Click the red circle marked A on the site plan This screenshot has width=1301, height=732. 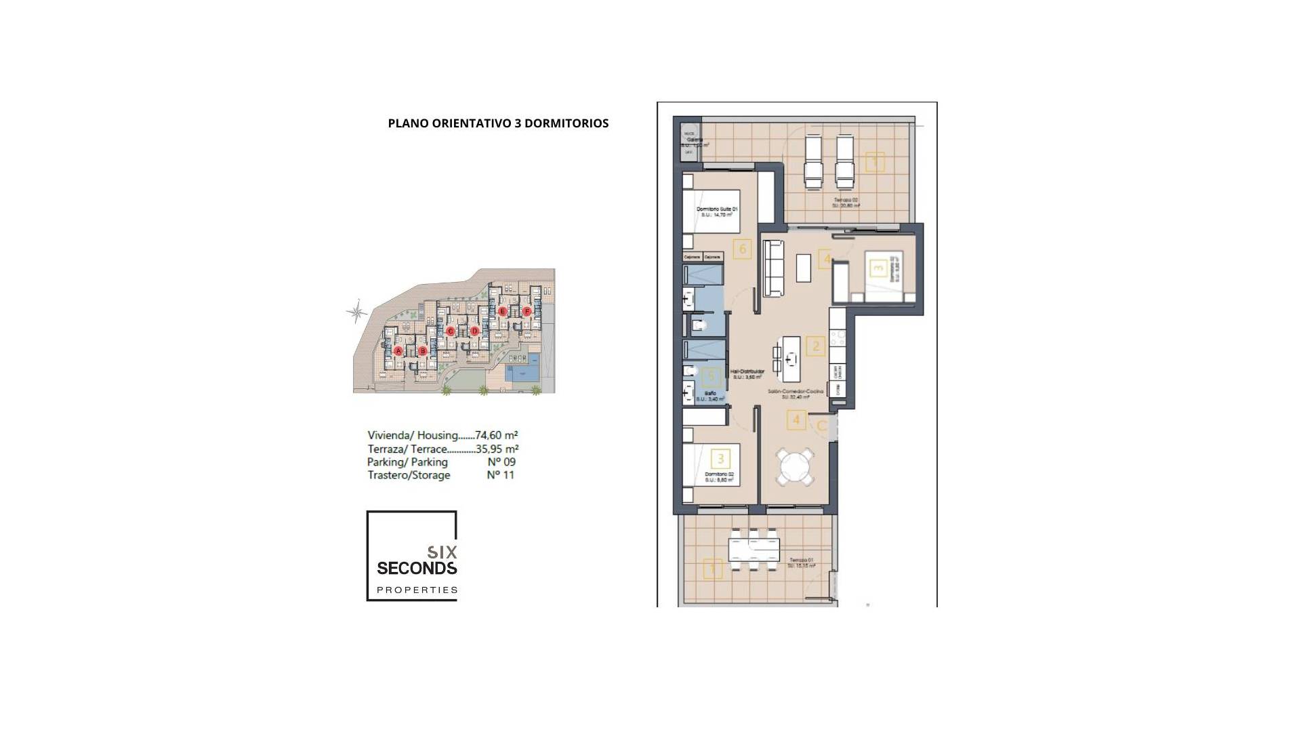[x=398, y=350]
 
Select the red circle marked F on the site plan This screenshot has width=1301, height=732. [x=527, y=312]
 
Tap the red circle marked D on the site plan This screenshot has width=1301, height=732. [x=474, y=331]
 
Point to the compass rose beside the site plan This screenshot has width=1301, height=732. [x=356, y=312]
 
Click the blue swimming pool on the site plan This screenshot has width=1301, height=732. [x=522, y=371]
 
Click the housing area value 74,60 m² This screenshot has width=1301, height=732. [x=497, y=435]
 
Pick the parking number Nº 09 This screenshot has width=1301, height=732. [x=501, y=462]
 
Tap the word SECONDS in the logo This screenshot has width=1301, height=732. [x=417, y=567]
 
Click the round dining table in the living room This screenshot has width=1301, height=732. [x=795, y=467]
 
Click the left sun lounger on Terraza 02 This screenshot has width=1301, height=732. [x=812, y=161]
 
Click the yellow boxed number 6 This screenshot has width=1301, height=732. [x=743, y=249]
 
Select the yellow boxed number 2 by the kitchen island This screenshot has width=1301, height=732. [x=816, y=346]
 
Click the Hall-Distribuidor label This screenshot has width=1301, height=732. [x=747, y=371]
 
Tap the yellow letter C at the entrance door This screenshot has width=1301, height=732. [x=821, y=426]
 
